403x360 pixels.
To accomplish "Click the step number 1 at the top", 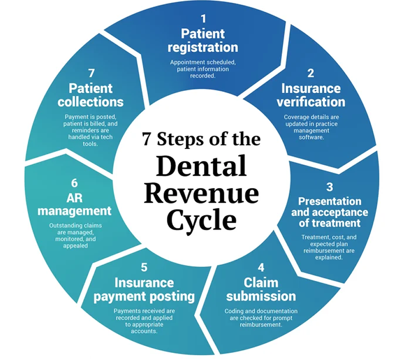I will [203, 19].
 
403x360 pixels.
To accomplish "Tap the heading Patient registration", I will [203, 41].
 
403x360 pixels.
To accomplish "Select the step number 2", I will [311, 73].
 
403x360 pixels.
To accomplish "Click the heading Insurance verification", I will [311, 95].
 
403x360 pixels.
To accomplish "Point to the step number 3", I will [329, 187].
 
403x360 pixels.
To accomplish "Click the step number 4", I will [261, 268].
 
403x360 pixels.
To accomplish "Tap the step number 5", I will [144, 268].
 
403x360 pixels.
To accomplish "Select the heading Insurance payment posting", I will [144, 290].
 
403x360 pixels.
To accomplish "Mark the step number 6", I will [75, 183].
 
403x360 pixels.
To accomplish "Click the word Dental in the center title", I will [201, 166].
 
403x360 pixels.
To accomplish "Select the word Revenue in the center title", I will [201, 193].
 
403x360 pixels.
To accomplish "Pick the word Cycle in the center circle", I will [201, 220].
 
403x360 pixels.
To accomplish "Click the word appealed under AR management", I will [75, 245].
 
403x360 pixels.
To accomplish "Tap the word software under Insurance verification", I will [311, 137].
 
